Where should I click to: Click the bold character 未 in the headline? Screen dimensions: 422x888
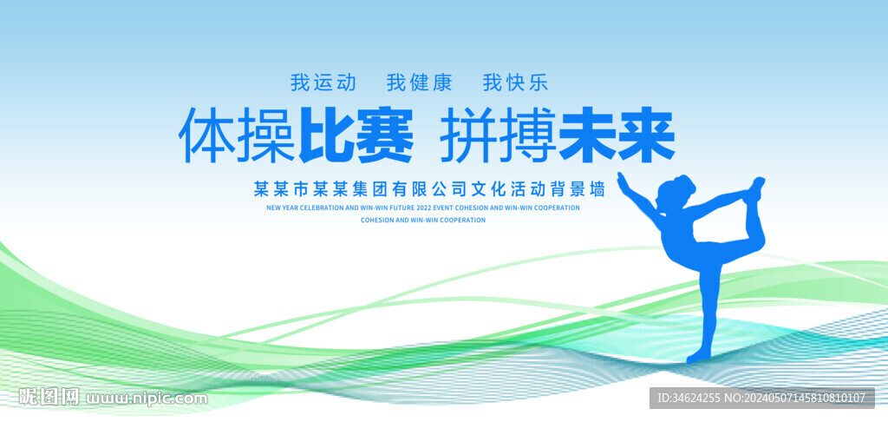587,137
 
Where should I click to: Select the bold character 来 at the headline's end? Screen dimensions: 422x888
646,137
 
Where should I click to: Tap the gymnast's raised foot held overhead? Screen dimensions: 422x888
755,186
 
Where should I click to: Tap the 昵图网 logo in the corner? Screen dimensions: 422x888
49,398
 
